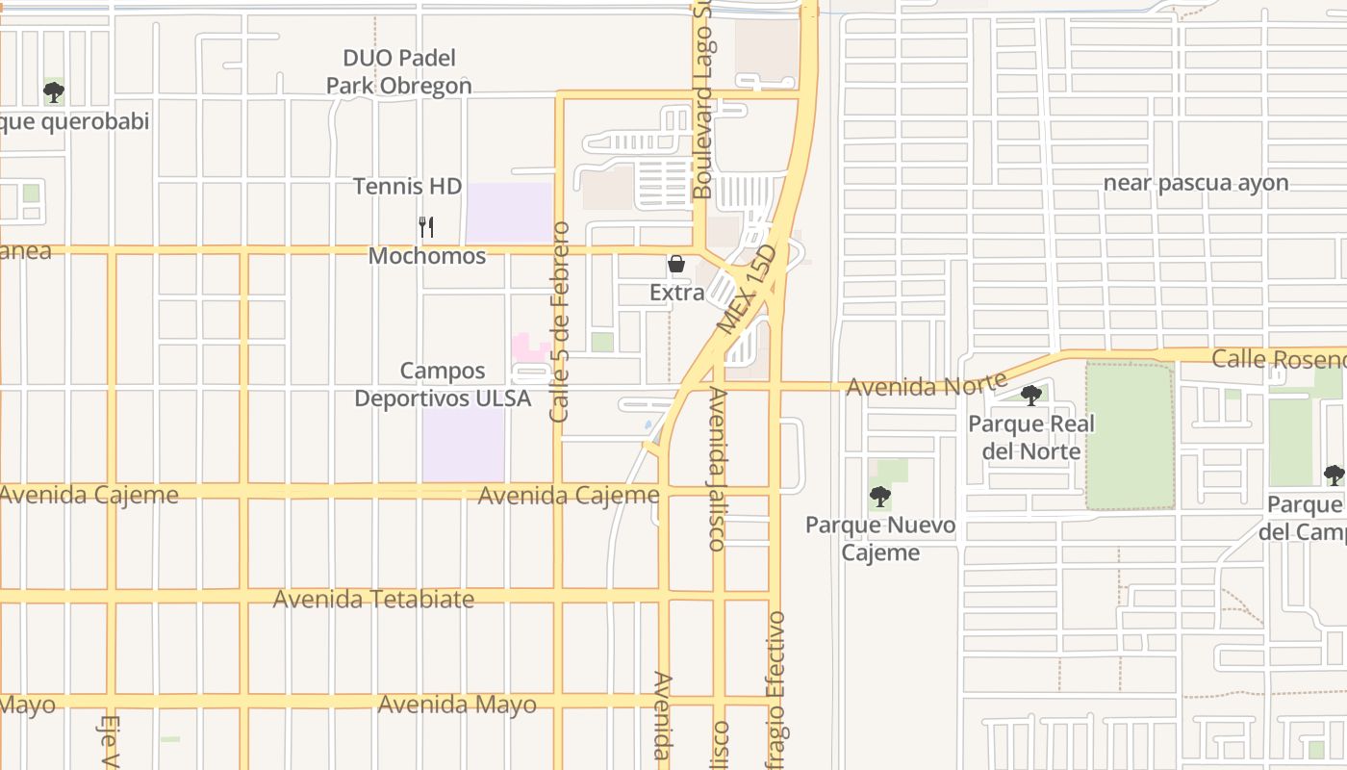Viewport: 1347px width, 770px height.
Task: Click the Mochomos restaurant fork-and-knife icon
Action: click(x=426, y=227)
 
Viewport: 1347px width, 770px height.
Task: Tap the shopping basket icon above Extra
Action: click(x=676, y=264)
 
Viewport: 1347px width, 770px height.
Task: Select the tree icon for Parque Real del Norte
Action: click(x=1030, y=395)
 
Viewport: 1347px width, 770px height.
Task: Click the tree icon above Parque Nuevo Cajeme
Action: click(x=879, y=497)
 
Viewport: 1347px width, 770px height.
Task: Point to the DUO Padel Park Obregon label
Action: click(x=398, y=72)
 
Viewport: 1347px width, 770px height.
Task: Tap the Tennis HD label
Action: click(x=407, y=186)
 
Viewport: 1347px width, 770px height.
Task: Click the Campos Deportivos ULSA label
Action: click(x=443, y=384)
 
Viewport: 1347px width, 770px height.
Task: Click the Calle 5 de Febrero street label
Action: click(x=560, y=322)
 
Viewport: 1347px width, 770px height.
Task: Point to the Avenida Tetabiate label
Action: click(x=373, y=599)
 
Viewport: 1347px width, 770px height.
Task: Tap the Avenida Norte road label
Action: click(x=926, y=385)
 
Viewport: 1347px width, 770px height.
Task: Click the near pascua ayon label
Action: click(x=1195, y=183)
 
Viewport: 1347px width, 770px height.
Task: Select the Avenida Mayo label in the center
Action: click(x=457, y=705)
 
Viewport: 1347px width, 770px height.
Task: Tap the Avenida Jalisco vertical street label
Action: click(x=717, y=469)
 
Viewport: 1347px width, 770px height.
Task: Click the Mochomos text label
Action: click(x=426, y=256)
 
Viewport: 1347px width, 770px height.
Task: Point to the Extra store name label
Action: click(x=676, y=292)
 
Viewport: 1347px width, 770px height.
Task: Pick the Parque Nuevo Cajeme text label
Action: click(x=879, y=538)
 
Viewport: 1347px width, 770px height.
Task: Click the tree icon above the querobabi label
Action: click(x=54, y=92)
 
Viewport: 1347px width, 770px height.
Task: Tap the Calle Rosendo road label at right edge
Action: click(x=1279, y=359)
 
